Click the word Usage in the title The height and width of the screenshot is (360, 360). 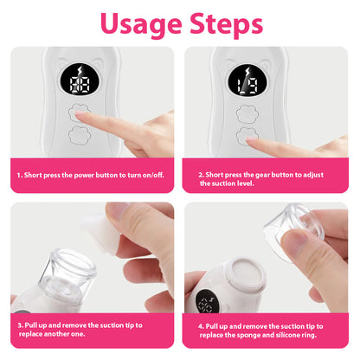[141, 25]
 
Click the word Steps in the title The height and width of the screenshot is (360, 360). [227, 24]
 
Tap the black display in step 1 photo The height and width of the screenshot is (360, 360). [80, 79]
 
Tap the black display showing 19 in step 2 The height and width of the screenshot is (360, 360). [247, 80]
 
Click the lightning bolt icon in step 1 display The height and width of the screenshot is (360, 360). [80, 71]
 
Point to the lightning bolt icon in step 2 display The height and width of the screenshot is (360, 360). [247, 72]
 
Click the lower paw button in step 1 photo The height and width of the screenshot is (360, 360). [80, 135]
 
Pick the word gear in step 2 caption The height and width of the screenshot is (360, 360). [262, 175]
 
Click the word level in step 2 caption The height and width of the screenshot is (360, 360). [246, 183]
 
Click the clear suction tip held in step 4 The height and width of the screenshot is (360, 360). [294, 228]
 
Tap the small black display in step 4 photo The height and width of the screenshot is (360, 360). [207, 302]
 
